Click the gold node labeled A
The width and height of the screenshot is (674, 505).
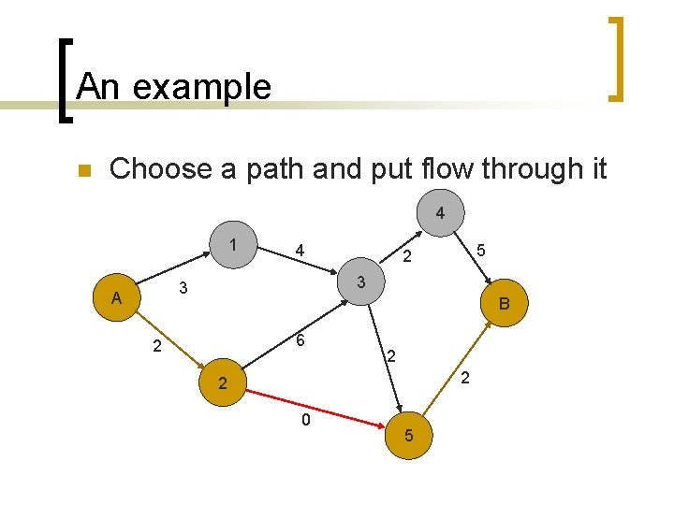tap(116, 298)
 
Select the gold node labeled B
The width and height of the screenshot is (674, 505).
tap(505, 303)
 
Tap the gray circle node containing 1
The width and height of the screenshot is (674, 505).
tap(231, 246)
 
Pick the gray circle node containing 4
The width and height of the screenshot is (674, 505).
tap(440, 214)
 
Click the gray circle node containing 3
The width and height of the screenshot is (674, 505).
tap(362, 281)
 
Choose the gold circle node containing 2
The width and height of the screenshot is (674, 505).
tap(222, 383)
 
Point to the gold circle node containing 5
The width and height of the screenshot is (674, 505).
tap(409, 436)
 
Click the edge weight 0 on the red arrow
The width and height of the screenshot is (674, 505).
tap(305, 422)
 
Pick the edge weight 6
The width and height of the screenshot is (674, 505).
tap(300, 342)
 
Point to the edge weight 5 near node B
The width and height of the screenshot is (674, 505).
tap(480, 251)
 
